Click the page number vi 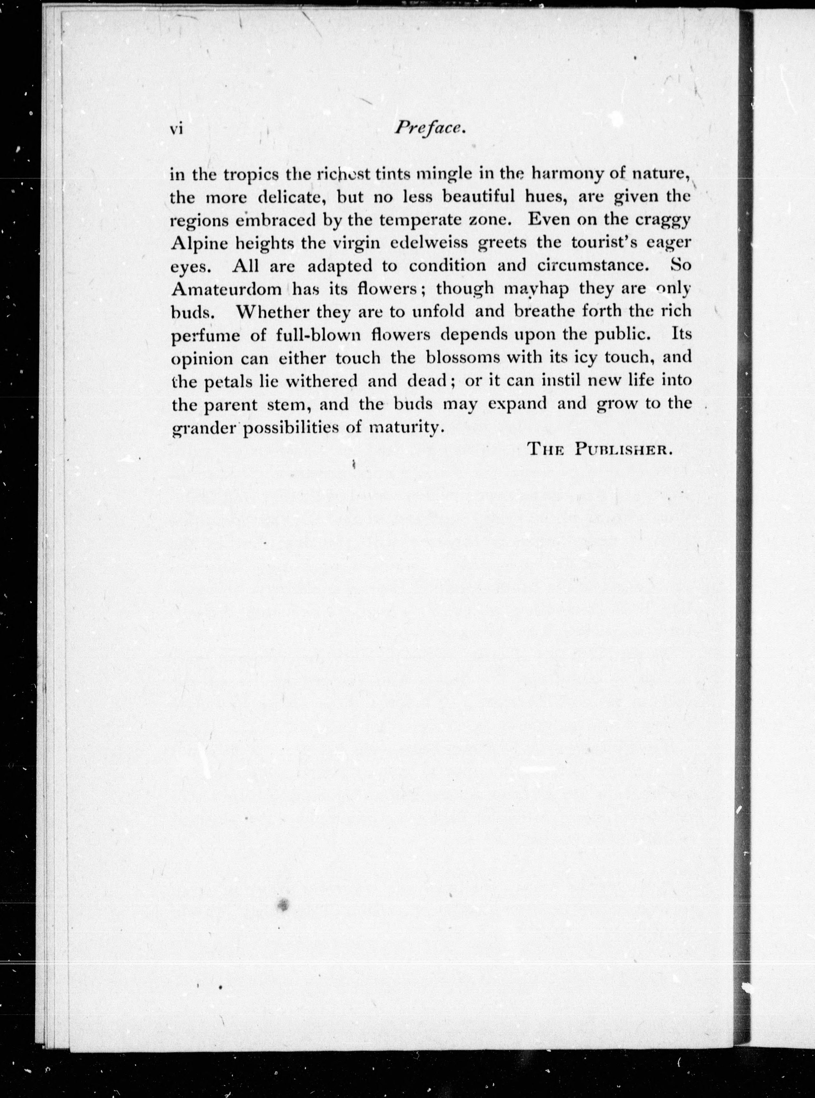point(176,129)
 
